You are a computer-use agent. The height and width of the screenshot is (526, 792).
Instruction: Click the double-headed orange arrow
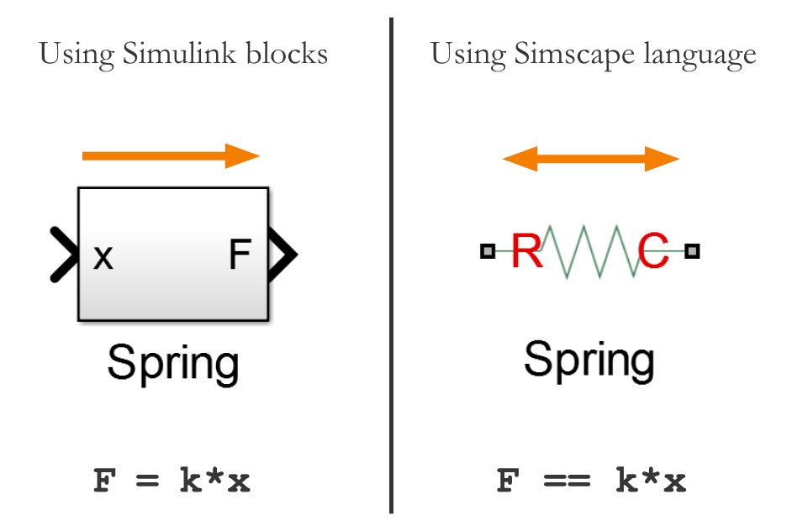pos(590,158)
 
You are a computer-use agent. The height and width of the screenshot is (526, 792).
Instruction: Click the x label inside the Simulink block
pos(103,256)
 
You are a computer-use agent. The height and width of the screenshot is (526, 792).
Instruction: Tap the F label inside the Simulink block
pos(240,255)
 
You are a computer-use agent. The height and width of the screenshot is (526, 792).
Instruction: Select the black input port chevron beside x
pos(62,253)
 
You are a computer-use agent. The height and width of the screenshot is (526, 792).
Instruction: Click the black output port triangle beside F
pos(282,253)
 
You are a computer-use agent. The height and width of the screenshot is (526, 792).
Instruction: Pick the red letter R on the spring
pos(527,250)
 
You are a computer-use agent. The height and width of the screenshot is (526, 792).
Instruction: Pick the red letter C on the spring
pos(653,250)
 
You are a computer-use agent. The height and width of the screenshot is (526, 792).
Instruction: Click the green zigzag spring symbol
pos(590,250)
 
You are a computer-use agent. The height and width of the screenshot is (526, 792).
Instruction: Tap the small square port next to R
pos(488,250)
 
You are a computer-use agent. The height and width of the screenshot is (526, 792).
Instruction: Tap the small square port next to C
pos(692,250)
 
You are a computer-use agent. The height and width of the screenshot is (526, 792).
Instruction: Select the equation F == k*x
pos(591,481)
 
